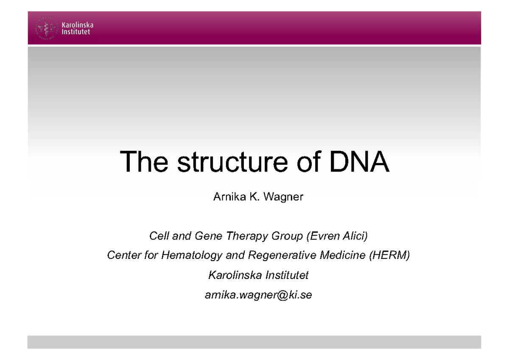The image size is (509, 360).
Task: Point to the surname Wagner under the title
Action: coord(283,197)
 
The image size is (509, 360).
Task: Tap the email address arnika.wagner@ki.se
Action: coord(258,295)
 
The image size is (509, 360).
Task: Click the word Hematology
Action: coord(196,256)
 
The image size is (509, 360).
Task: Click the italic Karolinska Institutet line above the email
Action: coord(258,275)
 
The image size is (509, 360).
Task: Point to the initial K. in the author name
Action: coord(255,197)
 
